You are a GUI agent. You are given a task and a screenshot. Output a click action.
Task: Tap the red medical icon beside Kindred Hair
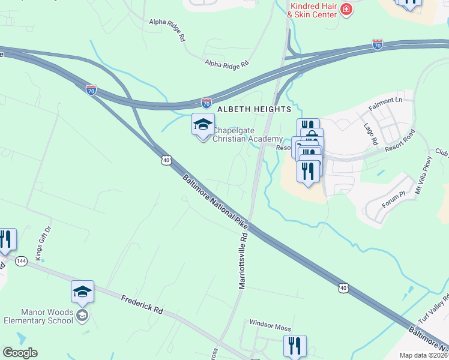point(346,10)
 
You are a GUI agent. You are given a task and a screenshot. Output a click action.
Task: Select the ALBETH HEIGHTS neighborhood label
point(254,109)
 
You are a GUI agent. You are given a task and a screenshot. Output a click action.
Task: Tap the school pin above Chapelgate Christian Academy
point(203,125)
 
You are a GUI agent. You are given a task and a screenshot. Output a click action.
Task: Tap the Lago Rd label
point(369,134)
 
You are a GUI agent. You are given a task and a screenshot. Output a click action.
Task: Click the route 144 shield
point(22,261)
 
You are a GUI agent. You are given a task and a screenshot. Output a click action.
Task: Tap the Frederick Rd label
point(142,305)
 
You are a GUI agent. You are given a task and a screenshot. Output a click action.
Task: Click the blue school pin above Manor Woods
point(82,293)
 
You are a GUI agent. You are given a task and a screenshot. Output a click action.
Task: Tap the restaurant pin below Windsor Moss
point(295,346)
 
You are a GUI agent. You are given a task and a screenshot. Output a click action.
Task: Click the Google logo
point(20,353)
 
